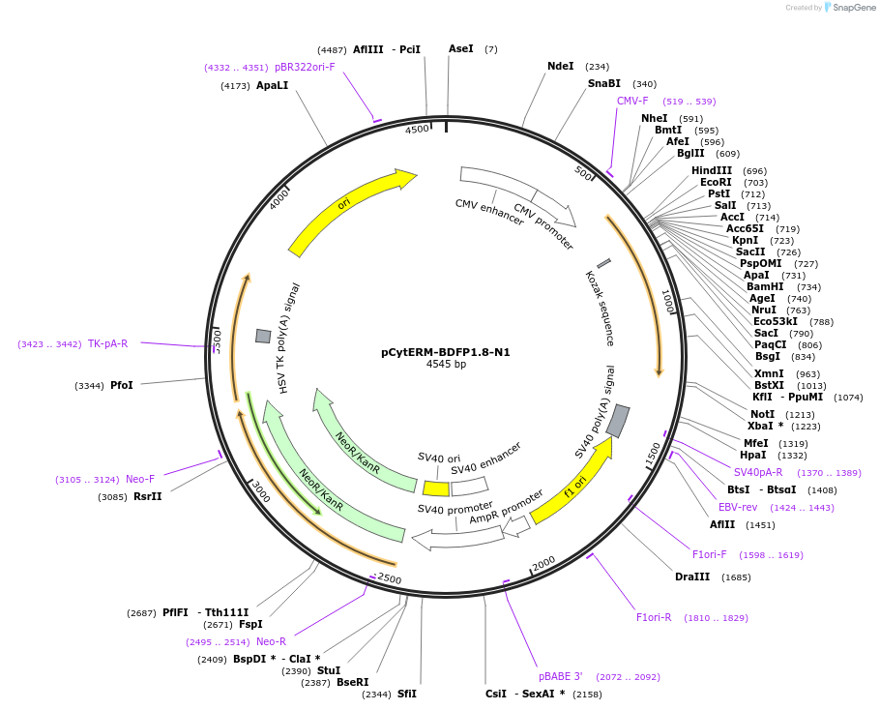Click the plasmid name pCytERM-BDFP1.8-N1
445,352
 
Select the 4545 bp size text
446,365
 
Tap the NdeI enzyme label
560,67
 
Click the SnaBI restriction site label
603,84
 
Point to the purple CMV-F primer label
632,101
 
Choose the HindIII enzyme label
712,171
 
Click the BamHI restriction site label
764,287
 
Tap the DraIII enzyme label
692,577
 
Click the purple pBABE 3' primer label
561,677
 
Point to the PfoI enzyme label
122,386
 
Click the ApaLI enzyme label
272,86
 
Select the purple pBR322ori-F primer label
305,68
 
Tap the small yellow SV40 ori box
436,488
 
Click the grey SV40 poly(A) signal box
618,421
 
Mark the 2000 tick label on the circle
543,563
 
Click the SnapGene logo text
854,8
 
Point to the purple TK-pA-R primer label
107,343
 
